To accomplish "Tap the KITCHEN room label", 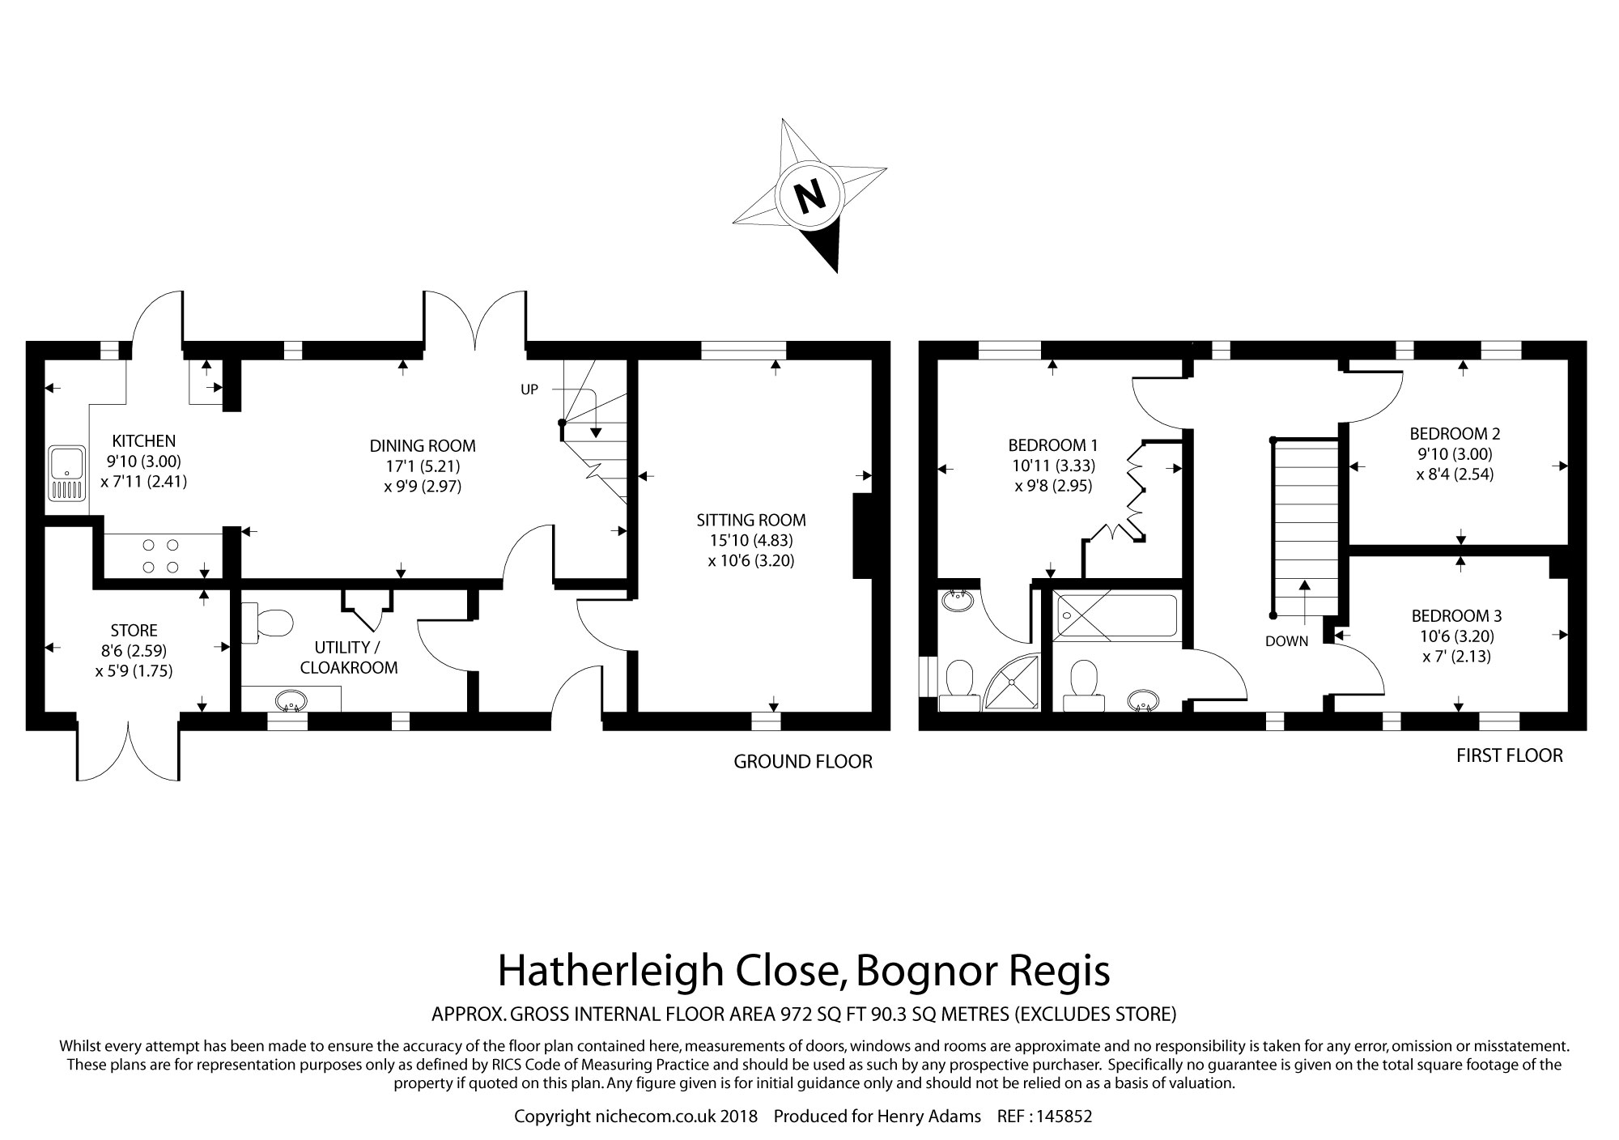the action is pyautogui.click(x=143, y=441).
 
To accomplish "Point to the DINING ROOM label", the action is pyautogui.click(x=423, y=446).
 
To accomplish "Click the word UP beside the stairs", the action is pyautogui.click(x=529, y=389).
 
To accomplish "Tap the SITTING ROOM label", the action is pyautogui.click(x=751, y=520).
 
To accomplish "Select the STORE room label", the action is pyautogui.click(x=134, y=630).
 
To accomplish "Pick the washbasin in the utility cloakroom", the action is pyautogui.click(x=291, y=700).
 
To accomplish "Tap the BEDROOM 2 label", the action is pyautogui.click(x=1455, y=433).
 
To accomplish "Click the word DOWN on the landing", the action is pyautogui.click(x=1287, y=641).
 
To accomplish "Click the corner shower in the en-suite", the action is pyautogui.click(x=1013, y=683).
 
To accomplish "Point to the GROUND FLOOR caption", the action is pyautogui.click(x=803, y=761).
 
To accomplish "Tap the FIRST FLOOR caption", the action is pyautogui.click(x=1510, y=755).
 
